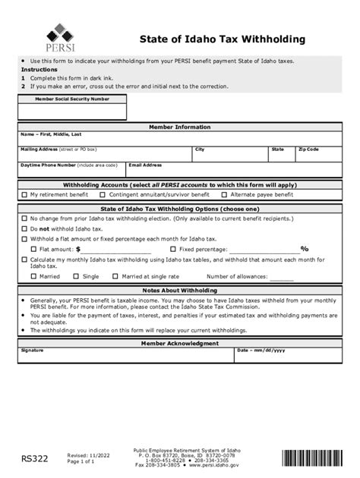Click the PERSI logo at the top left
55,37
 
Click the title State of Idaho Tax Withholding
223,39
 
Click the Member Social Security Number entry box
72,112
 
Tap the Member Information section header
180,127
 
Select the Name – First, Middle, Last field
180,140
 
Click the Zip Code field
318,155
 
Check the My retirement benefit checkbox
24,195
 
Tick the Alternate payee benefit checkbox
224,195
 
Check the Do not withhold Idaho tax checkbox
24,228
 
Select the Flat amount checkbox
33,249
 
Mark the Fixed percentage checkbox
173,249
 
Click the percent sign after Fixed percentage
304,249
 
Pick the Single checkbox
77,277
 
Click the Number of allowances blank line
281,278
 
